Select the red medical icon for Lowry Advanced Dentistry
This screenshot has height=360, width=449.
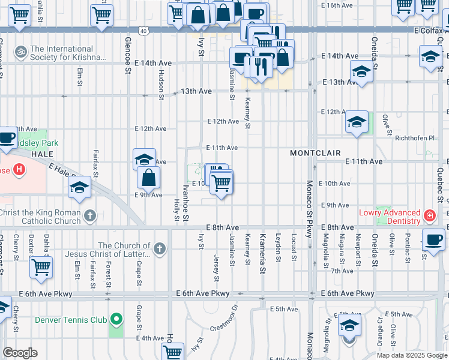point(429,215)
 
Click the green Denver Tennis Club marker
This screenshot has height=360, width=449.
point(116,319)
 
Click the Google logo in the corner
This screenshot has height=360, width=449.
point(20,352)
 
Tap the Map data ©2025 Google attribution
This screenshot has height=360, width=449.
point(412,355)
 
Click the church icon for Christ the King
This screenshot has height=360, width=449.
point(89,215)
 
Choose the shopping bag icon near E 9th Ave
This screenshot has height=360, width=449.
point(148,177)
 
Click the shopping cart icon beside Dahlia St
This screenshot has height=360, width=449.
point(41,267)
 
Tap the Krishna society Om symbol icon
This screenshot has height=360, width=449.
point(22,52)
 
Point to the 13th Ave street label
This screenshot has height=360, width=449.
point(196,91)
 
